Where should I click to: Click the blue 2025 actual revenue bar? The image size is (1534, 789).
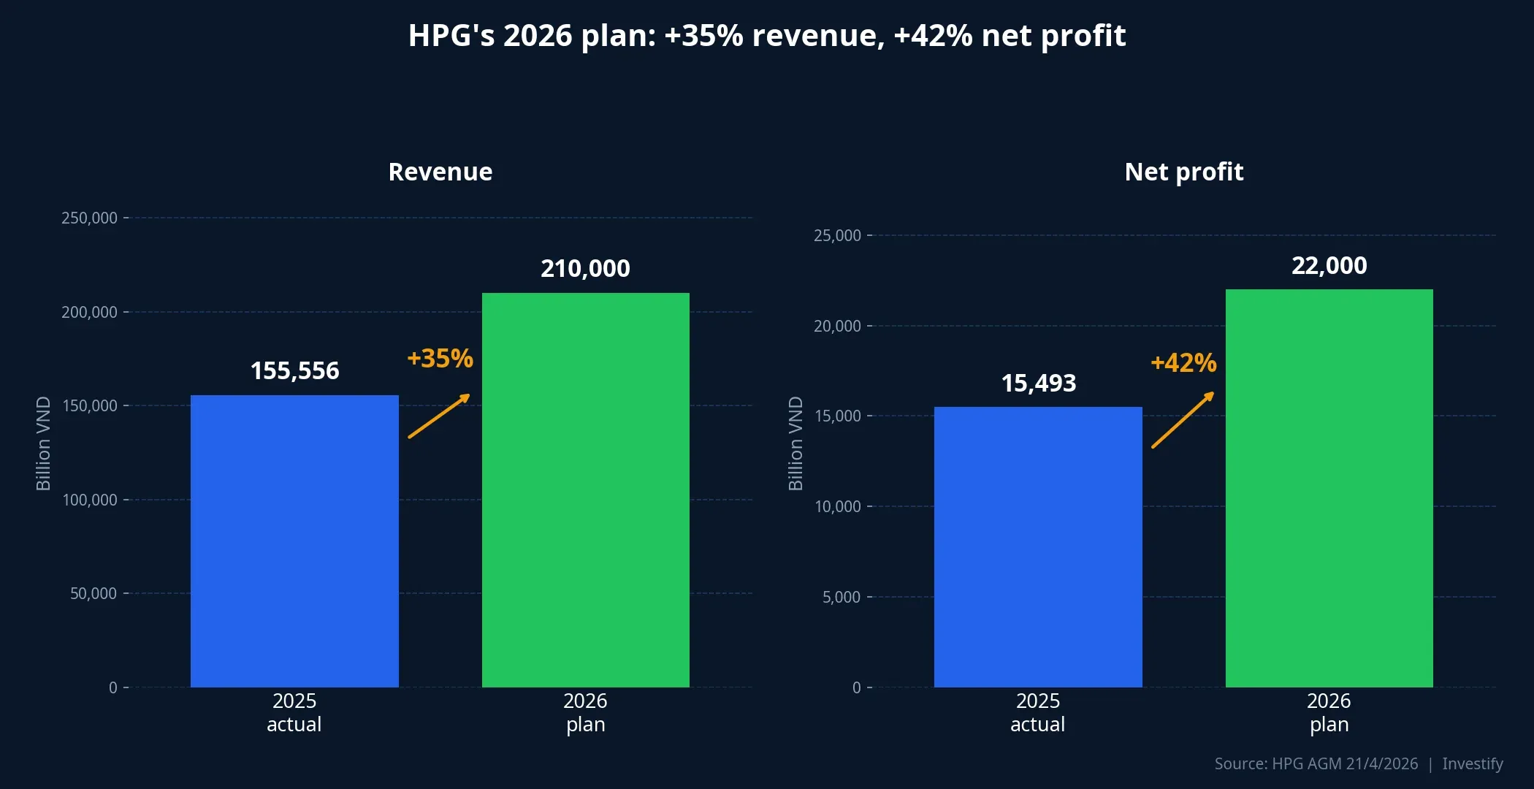pos(294,541)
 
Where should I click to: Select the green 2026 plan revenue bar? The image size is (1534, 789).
pos(585,489)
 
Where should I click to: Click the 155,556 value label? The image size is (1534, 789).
pos(294,371)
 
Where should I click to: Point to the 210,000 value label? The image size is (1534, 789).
pos(585,269)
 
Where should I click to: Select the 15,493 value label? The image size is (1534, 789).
pos(1038,384)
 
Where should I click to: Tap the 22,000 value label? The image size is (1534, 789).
pos(1329,266)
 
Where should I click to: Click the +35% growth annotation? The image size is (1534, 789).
pos(440,359)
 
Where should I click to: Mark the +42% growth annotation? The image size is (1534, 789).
pos(1183,363)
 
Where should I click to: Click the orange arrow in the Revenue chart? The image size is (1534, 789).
pos(439,416)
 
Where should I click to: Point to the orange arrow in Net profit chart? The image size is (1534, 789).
pos(1183,420)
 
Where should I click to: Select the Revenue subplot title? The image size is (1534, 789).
pos(440,172)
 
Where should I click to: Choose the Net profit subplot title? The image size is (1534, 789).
pos(1183,172)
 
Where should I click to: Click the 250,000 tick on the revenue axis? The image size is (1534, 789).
pos(89,218)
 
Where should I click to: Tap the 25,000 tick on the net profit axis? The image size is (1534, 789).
pos(837,236)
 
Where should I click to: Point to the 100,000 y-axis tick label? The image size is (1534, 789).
pos(89,500)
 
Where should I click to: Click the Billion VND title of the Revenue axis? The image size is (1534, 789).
pos(43,443)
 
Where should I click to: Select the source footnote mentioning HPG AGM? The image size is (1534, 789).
pos(1316,764)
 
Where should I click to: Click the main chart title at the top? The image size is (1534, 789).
pos(767,36)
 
